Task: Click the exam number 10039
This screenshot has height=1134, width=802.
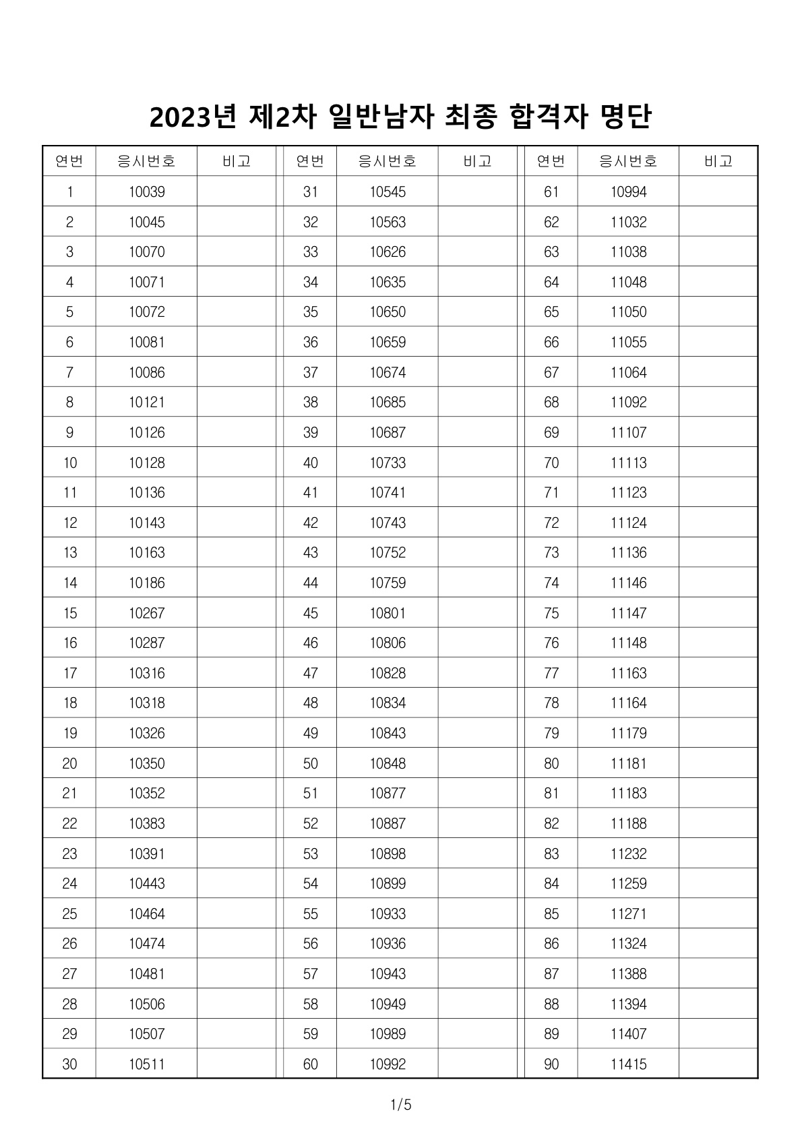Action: (146, 192)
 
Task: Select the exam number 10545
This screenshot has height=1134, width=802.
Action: (388, 192)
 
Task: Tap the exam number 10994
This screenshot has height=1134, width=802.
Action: (628, 192)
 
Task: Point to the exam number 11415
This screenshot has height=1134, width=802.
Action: (628, 1065)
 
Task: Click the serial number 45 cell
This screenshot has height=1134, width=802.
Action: (310, 614)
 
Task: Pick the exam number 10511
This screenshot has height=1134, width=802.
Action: (146, 1065)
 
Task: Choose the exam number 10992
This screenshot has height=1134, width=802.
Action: (388, 1065)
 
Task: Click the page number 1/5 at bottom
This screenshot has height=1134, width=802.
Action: (400, 1105)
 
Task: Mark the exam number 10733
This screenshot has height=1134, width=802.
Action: (388, 463)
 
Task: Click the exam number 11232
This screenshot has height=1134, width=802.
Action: (628, 854)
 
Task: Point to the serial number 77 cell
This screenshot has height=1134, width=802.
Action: (551, 674)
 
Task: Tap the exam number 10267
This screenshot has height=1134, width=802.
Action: (146, 614)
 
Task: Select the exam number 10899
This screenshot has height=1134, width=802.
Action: (388, 884)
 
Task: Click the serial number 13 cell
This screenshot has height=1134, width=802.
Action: (69, 553)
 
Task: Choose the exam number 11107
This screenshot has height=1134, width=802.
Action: (628, 433)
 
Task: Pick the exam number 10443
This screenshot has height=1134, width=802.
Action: (146, 884)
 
